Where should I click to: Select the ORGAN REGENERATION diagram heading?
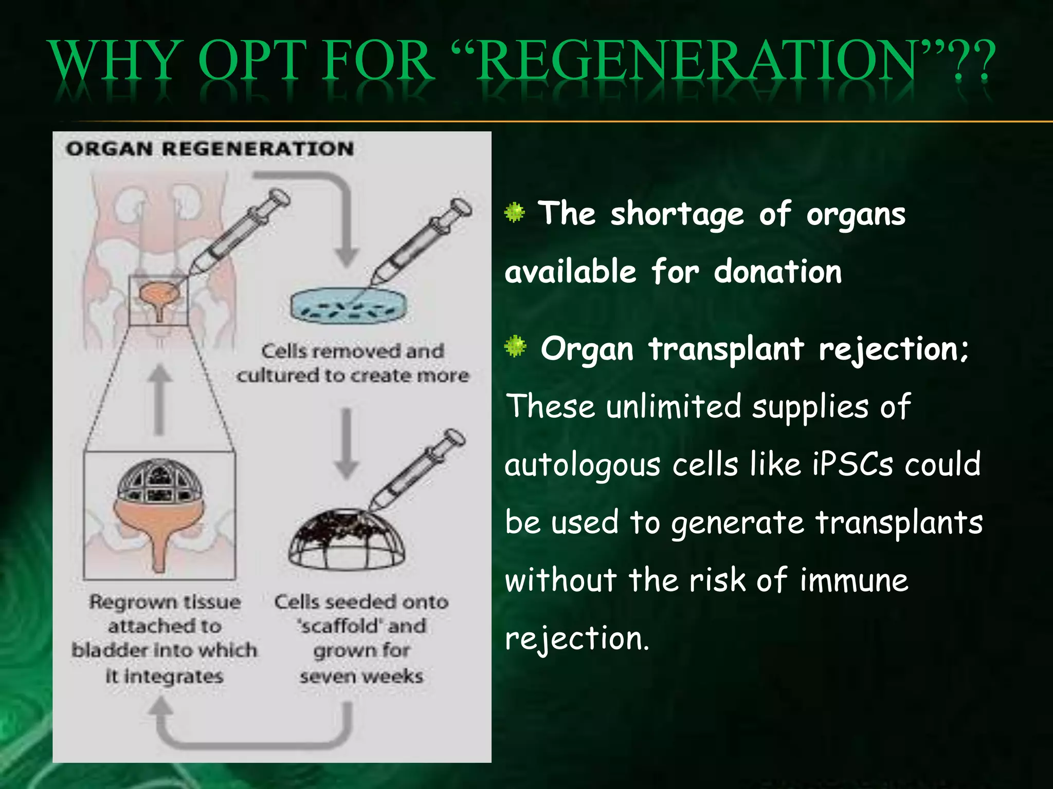[x=210, y=149]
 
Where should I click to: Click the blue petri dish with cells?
[x=348, y=307]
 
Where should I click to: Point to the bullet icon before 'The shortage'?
[x=515, y=212]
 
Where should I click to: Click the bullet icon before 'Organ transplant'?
[x=515, y=347]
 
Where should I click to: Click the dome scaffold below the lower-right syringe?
[x=347, y=539]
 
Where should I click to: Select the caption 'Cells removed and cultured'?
[x=353, y=363]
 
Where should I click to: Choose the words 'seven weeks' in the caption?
[x=361, y=676]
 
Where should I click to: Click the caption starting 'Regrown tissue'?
[x=165, y=638]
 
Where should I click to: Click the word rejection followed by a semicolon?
[x=892, y=350]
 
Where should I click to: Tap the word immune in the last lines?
[x=854, y=580]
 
